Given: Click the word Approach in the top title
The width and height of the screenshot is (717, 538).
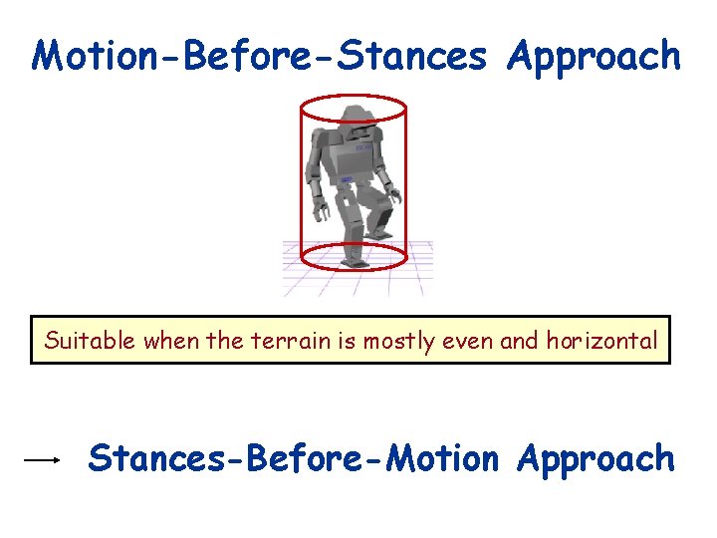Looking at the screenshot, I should click(594, 58).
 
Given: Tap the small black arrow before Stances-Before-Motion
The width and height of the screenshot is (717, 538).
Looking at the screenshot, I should click(43, 459).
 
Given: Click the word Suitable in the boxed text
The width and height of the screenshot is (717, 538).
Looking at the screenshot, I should click(90, 342).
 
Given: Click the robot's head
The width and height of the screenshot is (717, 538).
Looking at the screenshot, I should click(351, 117).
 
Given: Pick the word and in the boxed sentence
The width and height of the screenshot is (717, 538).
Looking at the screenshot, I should click(520, 342).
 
